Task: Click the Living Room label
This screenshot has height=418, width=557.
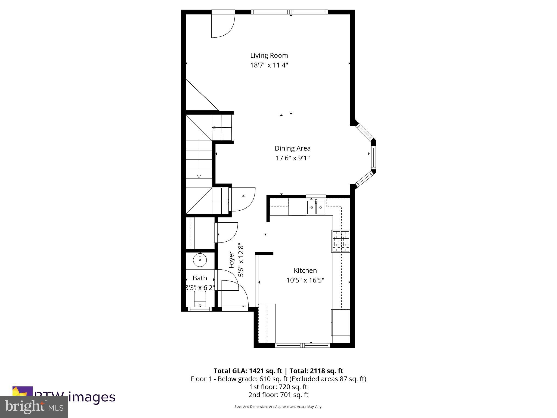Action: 269,56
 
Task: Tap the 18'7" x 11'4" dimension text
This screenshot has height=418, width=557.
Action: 269,65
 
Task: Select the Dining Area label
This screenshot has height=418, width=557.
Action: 292,148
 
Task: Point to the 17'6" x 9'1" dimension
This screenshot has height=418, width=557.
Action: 293,158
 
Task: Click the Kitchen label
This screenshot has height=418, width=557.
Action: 305,271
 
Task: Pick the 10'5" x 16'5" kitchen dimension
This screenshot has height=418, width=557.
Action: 305,280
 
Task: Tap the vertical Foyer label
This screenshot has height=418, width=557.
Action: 231,260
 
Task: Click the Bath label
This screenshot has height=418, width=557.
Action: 200,278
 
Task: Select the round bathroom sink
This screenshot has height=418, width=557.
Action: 200,260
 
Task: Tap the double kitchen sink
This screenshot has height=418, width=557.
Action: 316,208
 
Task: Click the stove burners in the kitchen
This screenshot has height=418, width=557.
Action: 341,241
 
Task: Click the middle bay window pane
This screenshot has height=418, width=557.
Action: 373,157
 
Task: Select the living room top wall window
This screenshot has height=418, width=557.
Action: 290,12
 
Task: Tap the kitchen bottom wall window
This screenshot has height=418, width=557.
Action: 302,345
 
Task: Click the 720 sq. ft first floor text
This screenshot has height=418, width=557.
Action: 278,387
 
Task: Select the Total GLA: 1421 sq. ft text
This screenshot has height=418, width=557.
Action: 248,371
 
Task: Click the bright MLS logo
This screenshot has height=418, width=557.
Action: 34,407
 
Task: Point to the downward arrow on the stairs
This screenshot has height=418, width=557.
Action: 199,176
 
